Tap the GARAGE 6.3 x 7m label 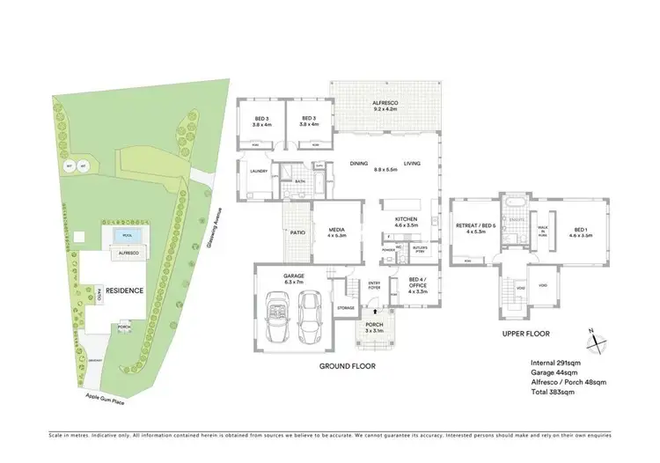point(294,279)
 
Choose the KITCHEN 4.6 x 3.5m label point(405,221)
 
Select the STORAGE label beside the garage point(345,308)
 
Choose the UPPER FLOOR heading point(526,334)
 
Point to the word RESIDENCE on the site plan point(125,290)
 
